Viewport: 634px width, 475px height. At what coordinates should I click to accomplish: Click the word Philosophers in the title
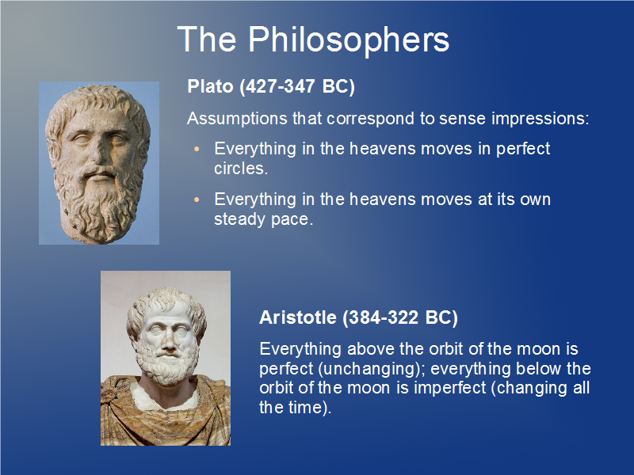point(349,40)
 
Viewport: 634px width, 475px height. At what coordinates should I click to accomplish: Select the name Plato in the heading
point(211,86)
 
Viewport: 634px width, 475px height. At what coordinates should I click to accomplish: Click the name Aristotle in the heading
point(298,317)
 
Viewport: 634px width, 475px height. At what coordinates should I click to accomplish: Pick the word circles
point(241,169)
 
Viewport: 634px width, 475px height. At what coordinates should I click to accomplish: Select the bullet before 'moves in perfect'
point(197,149)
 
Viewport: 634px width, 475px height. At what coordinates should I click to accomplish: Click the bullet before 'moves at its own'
point(197,199)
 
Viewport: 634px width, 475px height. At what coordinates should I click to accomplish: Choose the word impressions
point(540,119)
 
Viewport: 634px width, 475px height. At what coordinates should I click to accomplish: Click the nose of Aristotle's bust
point(169,341)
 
